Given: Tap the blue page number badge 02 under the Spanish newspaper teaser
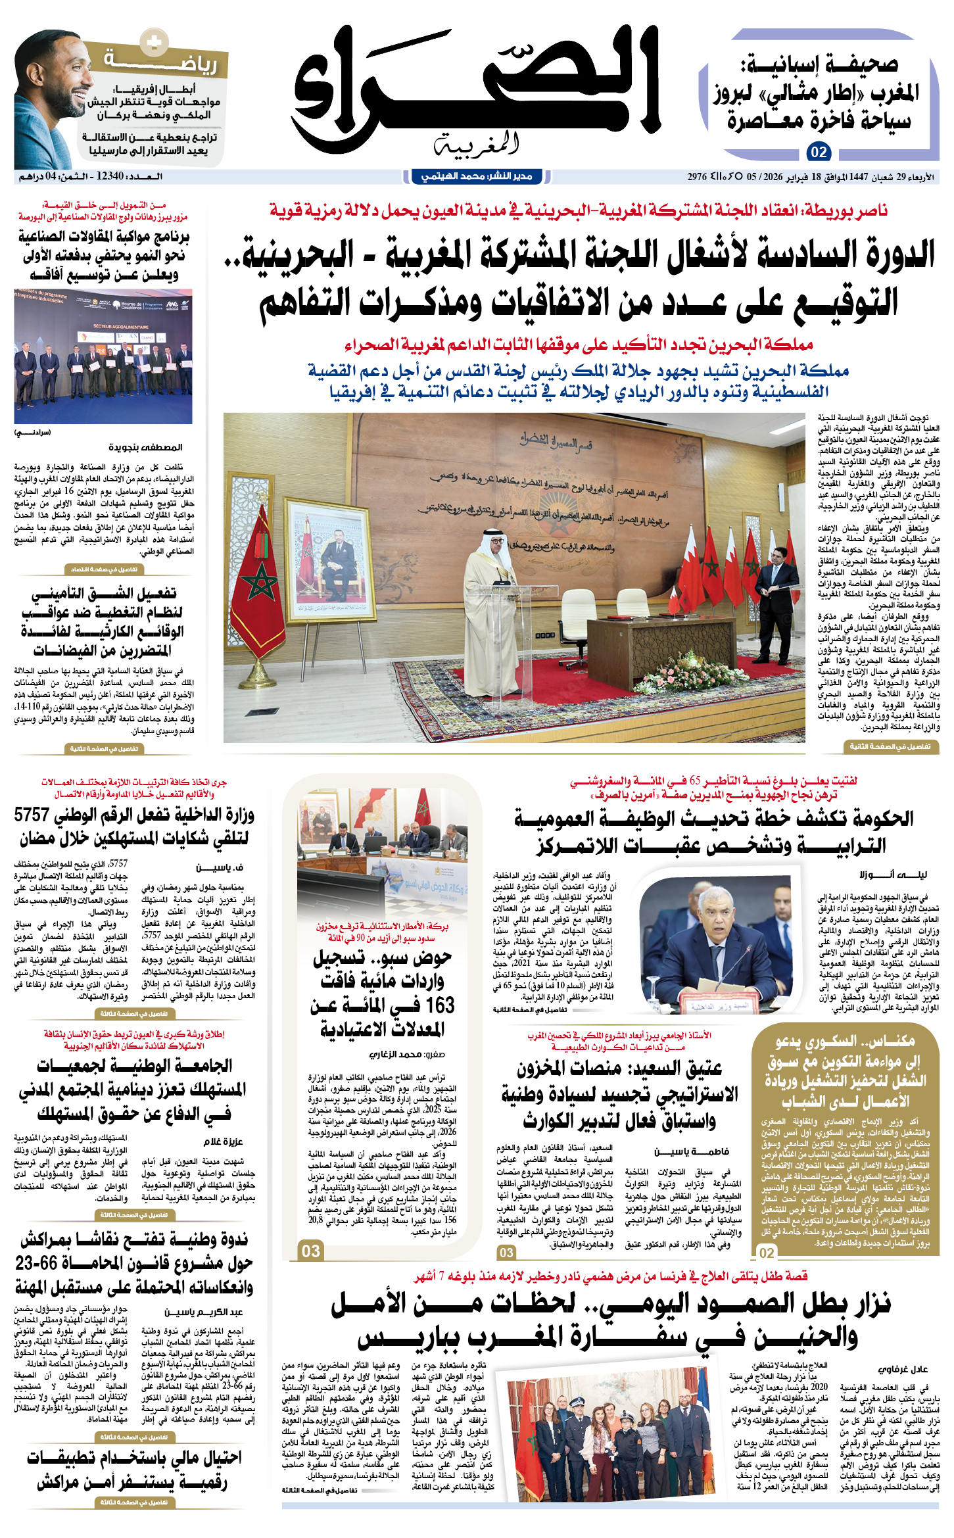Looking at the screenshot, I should click(819, 153).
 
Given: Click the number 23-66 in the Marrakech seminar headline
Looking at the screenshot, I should click(36, 1263).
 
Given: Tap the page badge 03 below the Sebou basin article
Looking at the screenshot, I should click(310, 1251).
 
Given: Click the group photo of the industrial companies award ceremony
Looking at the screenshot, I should click(103, 356).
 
